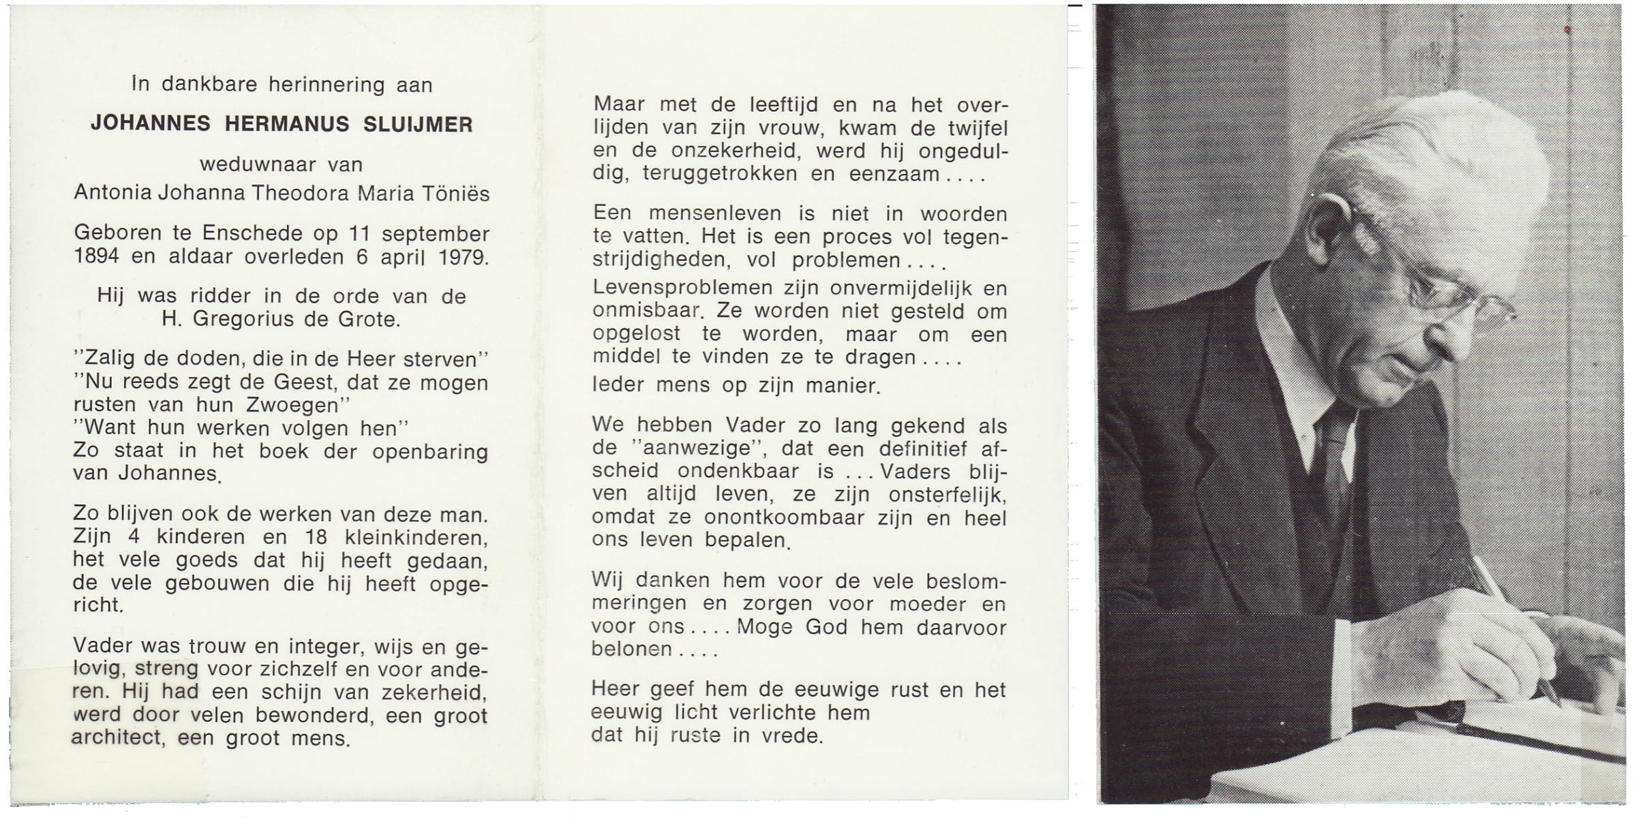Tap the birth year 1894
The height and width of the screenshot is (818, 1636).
click(96, 257)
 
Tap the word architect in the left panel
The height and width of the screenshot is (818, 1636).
click(117, 738)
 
